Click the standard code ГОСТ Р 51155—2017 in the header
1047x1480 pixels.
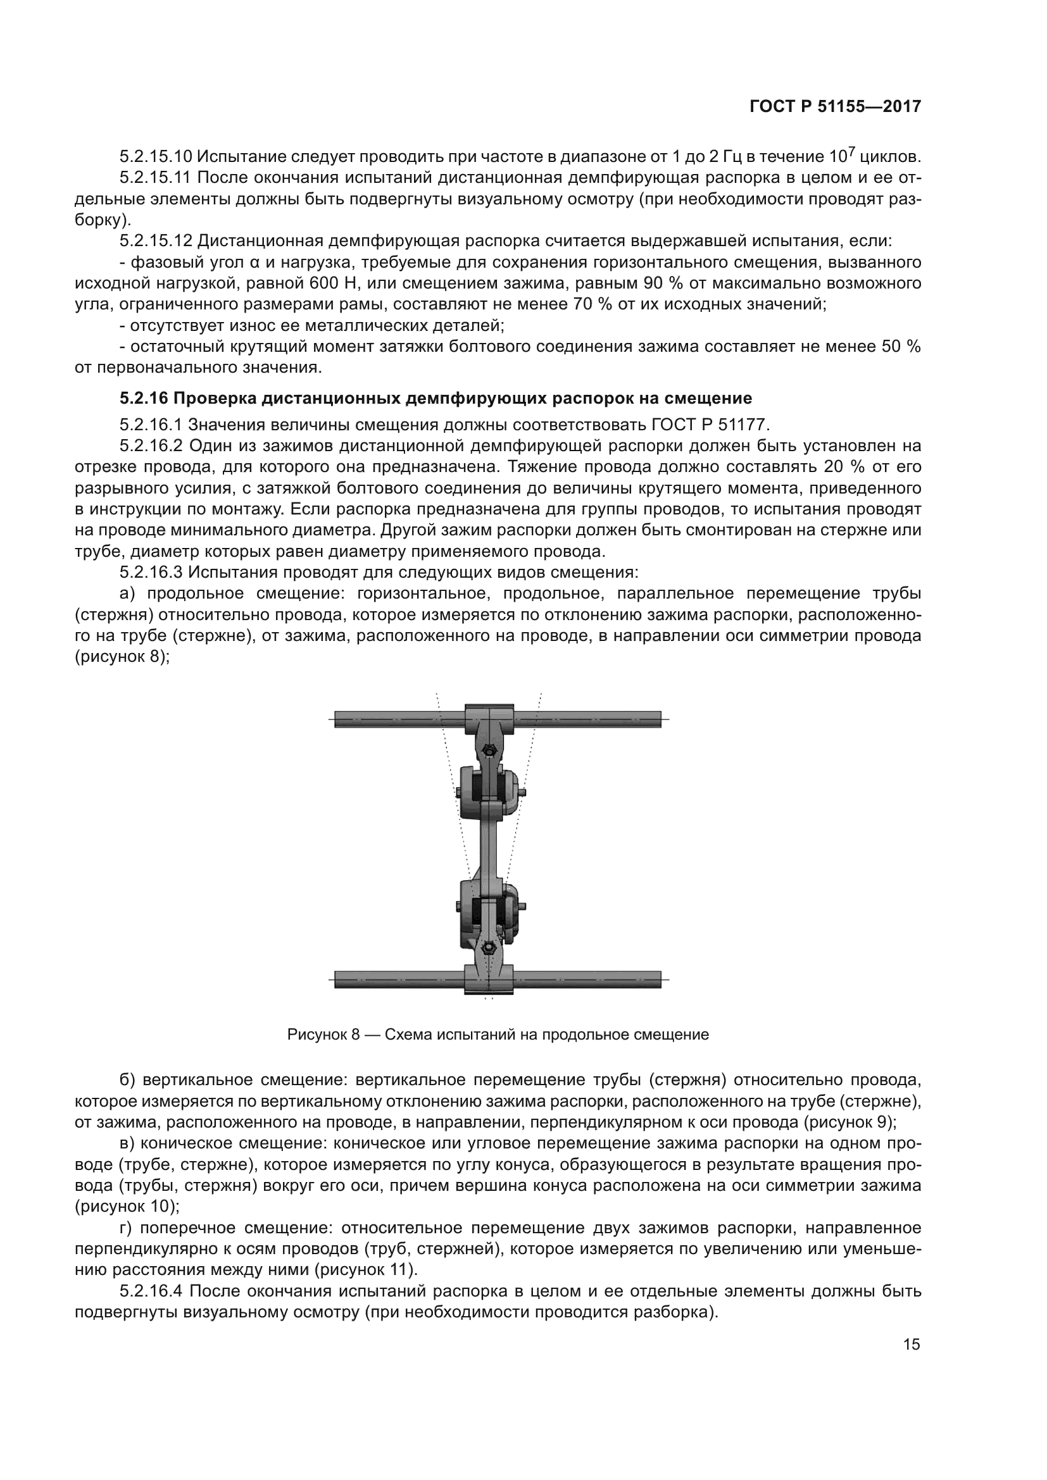pyautogui.click(x=835, y=107)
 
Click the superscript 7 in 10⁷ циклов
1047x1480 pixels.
pyautogui.click(x=851, y=151)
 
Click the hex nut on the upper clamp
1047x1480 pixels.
pyautogui.click(x=489, y=751)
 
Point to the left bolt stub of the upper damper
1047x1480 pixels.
pyautogui.click(x=457, y=792)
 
